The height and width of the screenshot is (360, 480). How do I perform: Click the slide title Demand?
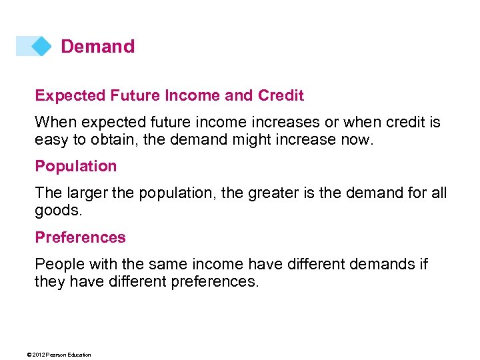97,47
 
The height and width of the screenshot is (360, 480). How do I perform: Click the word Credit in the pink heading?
280,96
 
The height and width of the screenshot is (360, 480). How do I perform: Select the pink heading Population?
75,167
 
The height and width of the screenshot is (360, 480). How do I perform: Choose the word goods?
54,210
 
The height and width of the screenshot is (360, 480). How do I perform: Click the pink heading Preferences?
80,237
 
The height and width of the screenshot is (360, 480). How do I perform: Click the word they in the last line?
49,281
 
